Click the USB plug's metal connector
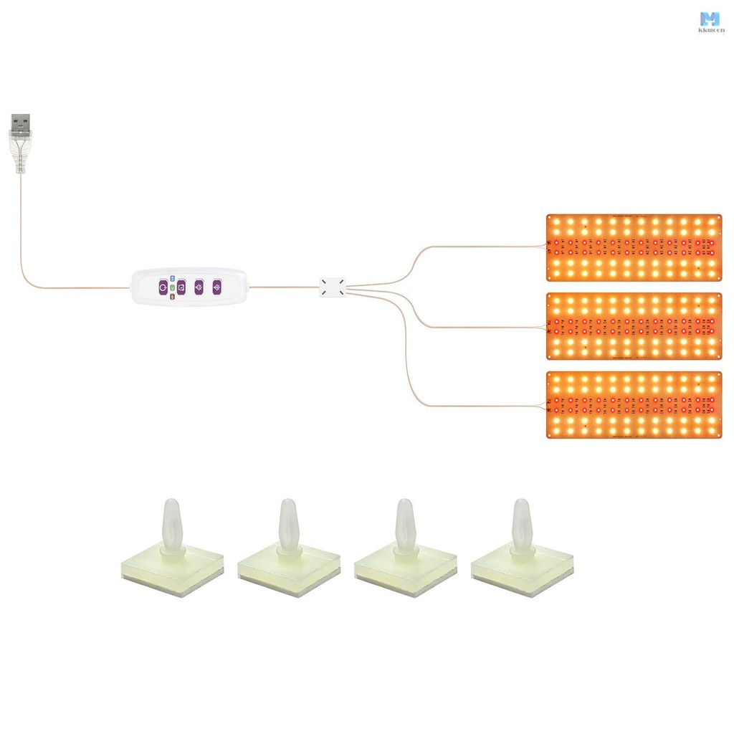[21, 123]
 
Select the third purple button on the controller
[199, 287]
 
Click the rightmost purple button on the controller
[216, 287]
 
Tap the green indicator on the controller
[172, 287]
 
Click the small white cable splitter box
[332, 287]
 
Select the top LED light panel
[634, 247]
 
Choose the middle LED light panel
[634, 326]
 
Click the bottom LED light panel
[634, 405]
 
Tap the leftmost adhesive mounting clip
[172, 552]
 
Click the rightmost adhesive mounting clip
[523, 552]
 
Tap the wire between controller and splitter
[283, 287]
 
